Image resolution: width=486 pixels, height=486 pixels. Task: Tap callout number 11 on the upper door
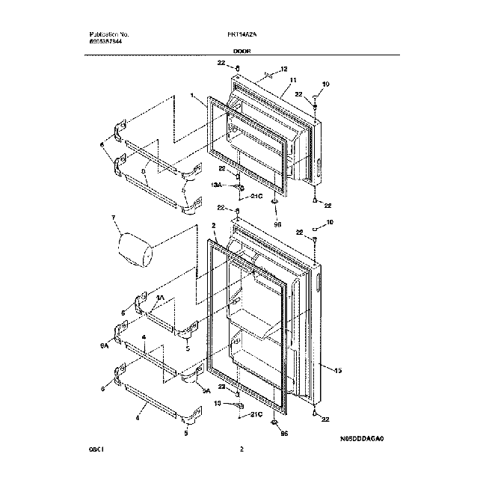(293, 80)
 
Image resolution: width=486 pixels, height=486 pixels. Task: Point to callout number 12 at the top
(283, 70)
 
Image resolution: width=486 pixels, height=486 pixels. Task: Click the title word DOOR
(242, 52)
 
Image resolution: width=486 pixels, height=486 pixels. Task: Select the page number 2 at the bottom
(242, 449)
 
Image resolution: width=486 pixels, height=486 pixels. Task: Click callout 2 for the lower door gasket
(213, 224)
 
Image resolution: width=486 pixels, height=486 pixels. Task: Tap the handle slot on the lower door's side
(319, 283)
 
